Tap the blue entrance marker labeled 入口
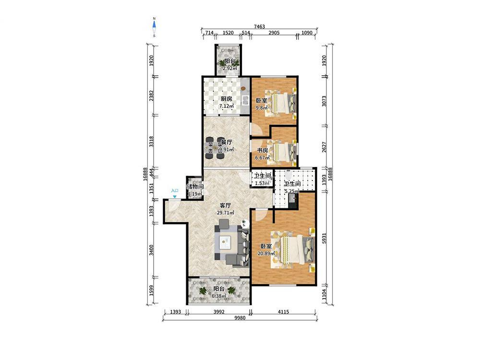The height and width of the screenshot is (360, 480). (x=175, y=193)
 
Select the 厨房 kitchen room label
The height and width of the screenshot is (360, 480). (x=227, y=99)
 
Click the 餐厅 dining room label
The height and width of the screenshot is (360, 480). (x=227, y=143)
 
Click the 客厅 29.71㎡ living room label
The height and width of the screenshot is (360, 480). (x=227, y=209)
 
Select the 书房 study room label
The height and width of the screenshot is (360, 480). (x=263, y=150)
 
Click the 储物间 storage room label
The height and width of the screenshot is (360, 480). (x=195, y=186)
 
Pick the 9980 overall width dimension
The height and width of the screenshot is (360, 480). (x=240, y=318)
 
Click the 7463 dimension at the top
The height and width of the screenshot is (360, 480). (x=259, y=26)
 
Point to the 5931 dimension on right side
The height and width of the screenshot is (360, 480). (x=324, y=239)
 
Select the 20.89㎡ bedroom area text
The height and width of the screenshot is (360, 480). (x=266, y=253)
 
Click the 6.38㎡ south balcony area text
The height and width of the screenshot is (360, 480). (x=219, y=296)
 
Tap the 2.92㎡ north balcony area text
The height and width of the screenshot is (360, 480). (x=229, y=69)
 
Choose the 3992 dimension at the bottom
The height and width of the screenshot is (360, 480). (x=219, y=312)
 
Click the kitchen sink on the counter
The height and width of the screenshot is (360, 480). (x=245, y=100)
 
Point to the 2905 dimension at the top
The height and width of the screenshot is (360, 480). (x=274, y=33)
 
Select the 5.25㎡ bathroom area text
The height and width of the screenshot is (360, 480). (x=291, y=192)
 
